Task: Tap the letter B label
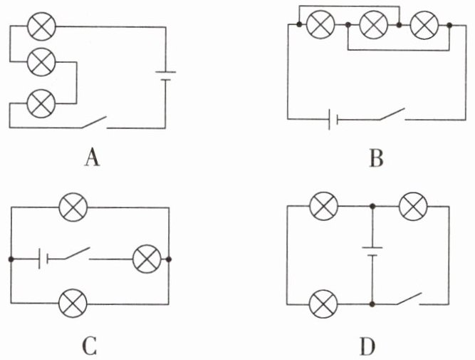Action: coord(376,158)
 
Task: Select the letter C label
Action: coord(90,346)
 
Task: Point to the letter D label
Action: coord(367,346)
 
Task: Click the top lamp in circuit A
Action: coord(42,26)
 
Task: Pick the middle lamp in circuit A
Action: coord(41,62)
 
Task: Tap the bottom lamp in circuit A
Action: coord(41,103)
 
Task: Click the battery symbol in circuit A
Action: coord(165,76)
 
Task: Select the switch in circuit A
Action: coord(94,122)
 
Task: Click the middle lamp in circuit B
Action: coord(373,24)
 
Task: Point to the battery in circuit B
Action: coord(333,119)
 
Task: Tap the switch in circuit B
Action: coord(392,114)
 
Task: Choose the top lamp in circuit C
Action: coord(73,207)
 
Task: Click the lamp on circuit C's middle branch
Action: coord(147,259)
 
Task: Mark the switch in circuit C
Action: coord(77,254)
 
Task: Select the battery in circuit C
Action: coord(43,259)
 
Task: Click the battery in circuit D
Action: coord(372,252)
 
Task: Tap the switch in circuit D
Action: coord(409,299)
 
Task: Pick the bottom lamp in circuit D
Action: coord(323,304)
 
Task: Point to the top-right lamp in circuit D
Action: coord(413,206)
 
